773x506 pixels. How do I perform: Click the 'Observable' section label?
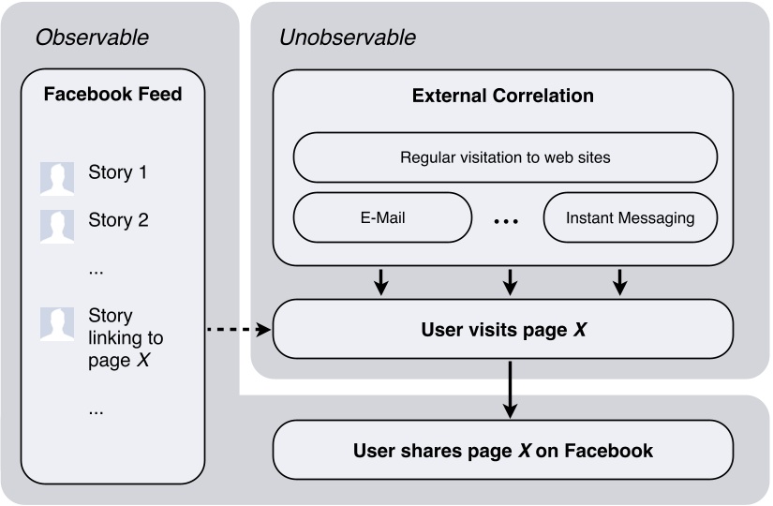click(92, 38)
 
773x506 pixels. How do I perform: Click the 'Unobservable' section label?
click(348, 38)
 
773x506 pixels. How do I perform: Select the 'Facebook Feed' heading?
click(112, 95)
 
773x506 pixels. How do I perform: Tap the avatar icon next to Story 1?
click(56, 177)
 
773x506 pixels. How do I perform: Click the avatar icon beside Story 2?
click(56, 224)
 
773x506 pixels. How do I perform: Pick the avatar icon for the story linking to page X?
click(56, 323)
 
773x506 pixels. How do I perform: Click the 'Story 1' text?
click(117, 172)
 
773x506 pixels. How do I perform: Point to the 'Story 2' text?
click(117, 220)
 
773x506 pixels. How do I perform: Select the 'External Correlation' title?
click(503, 96)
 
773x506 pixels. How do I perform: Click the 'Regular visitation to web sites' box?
click(505, 157)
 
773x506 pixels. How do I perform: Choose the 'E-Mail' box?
click(382, 217)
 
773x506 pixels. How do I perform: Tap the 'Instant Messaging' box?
click(630, 217)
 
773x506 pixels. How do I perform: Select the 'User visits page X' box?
click(502, 330)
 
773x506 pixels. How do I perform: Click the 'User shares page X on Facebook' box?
click(502, 451)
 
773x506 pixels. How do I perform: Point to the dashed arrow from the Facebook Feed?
click(237, 330)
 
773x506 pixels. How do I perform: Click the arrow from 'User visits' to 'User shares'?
click(509, 390)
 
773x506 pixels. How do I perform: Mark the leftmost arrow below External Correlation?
click(380, 281)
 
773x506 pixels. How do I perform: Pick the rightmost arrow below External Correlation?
click(619, 281)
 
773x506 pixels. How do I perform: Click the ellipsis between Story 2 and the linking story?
click(96, 270)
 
